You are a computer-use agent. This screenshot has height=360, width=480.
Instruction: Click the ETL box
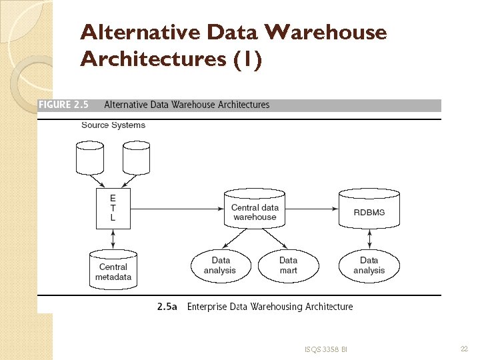pyautogui.click(x=113, y=207)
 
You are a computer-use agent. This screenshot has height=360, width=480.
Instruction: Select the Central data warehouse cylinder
pyautogui.click(x=255, y=209)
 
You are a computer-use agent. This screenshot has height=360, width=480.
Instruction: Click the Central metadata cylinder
pyautogui.click(x=113, y=269)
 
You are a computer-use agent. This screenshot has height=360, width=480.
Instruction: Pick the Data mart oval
pyautogui.click(x=288, y=265)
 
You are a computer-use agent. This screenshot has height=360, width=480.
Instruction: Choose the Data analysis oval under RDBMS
pyautogui.click(x=369, y=265)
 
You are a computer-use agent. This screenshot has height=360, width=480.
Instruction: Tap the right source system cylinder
pyautogui.click(x=136, y=157)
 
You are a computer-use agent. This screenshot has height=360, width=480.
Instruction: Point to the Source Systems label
pyautogui.click(x=113, y=125)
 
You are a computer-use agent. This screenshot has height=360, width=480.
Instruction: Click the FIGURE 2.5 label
pyautogui.click(x=64, y=105)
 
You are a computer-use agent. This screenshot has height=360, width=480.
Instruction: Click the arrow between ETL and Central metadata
pyautogui.click(x=113, y=237)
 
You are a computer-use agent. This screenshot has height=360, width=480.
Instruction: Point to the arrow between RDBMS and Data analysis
pyautogui.click(x=369, y=237)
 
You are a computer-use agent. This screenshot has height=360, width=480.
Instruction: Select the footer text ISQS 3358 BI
pyautogui.click(x=326, y=349)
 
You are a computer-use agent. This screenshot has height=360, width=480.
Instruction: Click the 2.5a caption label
pyautogui.click(x=167, y=307)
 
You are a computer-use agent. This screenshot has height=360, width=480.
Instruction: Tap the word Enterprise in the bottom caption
pyautogui.click(x=208, y=307)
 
